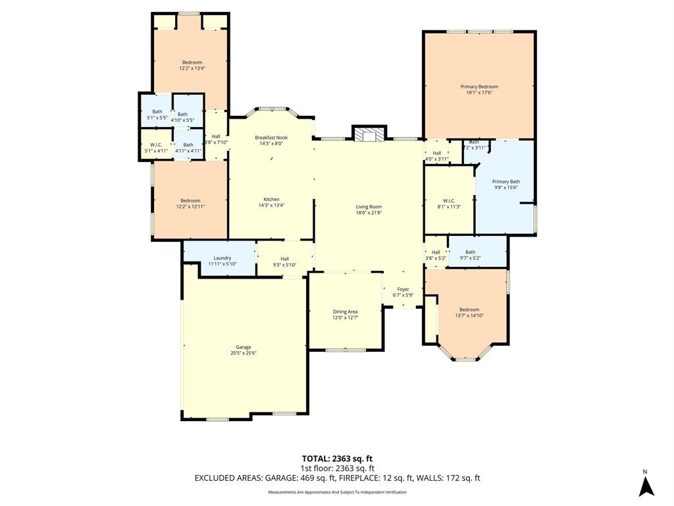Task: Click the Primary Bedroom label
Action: tap(479, 86)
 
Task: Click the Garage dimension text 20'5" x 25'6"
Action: tap(244, 353)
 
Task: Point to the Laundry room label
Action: tap(222, 258)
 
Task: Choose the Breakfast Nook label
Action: tap(271, 137)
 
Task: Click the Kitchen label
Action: tap(271, 199)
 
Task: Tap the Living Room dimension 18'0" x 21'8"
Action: tap(369, 213)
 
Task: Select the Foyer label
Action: tap(403, 289)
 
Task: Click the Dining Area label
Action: tap(345, 312)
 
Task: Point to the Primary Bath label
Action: tap(506, 181)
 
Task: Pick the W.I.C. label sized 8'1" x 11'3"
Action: tap(449, 200)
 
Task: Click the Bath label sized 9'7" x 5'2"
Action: tap(470, 252)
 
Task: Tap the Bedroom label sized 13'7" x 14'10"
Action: tap(469, 310)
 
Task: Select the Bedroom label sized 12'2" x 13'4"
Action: tap(192, 63)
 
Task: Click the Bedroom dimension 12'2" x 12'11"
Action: tap(191, 206)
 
